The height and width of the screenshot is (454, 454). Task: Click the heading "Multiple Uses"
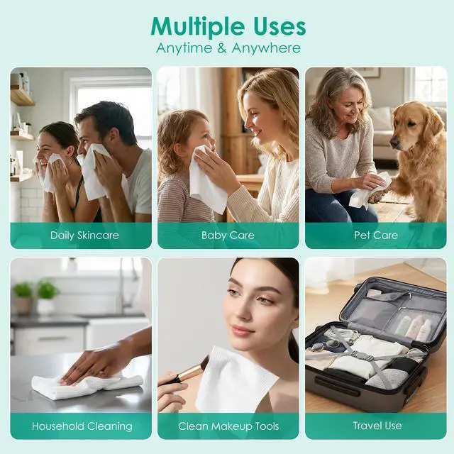(x=228, y=28)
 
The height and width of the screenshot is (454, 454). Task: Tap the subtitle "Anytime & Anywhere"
(x=228, y=48)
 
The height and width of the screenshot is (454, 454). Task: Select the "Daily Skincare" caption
(x=84, y=236)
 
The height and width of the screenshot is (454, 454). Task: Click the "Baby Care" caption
(x=228, y=236)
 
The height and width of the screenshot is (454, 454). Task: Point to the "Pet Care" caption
(x=376, y=235)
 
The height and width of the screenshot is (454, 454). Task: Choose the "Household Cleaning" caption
(x=82, y=426)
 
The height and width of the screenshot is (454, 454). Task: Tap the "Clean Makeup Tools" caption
(x=228, y=426)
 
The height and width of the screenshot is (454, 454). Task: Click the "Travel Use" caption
(x=377, y=426)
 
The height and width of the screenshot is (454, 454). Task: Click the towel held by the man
(x=93, y=172)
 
